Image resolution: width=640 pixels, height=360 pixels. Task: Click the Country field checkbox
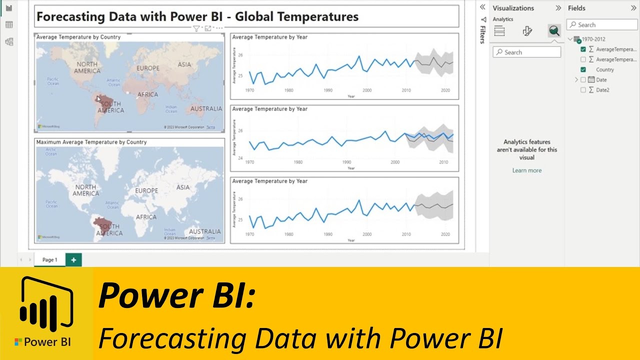click(583, 69)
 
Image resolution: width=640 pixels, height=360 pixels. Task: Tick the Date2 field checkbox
click(583, 90)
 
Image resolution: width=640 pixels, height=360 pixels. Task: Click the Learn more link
click(526, 170)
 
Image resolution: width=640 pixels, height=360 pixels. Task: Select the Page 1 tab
click(49, 260)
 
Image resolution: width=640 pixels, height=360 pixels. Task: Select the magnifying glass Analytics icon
click(553, 31)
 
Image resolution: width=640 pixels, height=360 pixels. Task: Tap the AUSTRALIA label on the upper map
click(206, 108)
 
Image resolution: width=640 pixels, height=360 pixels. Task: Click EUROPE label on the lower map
click(146, 191)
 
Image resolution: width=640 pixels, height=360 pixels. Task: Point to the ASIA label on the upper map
click(184, 64)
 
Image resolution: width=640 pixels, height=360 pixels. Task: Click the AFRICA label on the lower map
click(146, 217)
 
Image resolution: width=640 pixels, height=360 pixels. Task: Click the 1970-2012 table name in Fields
click(594, 39)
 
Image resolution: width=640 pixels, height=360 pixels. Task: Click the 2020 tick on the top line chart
click(445, 90)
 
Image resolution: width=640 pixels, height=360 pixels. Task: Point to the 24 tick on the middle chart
click(239, 158)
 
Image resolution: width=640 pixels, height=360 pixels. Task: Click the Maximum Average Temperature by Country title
click(91, 142)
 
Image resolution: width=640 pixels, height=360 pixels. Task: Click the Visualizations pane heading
click(513, 8)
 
